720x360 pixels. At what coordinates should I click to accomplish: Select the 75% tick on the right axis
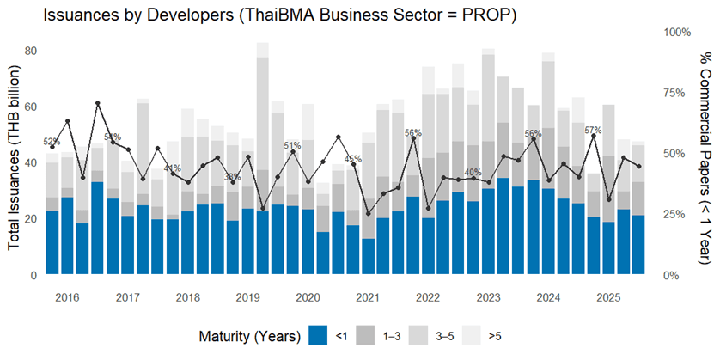point(677,93)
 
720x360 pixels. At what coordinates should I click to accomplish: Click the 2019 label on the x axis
point(248,297)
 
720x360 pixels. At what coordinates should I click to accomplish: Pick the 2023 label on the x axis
point(488,297)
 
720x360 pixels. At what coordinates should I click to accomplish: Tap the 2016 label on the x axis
point(68,297)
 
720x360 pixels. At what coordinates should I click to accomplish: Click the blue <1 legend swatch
point(317,335)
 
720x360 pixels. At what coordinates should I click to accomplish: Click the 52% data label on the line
point(52,142)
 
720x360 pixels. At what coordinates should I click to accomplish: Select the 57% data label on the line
point(593,130)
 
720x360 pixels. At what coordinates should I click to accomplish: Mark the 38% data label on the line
point(232,177)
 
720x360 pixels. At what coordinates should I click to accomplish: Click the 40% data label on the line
point(473,172)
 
